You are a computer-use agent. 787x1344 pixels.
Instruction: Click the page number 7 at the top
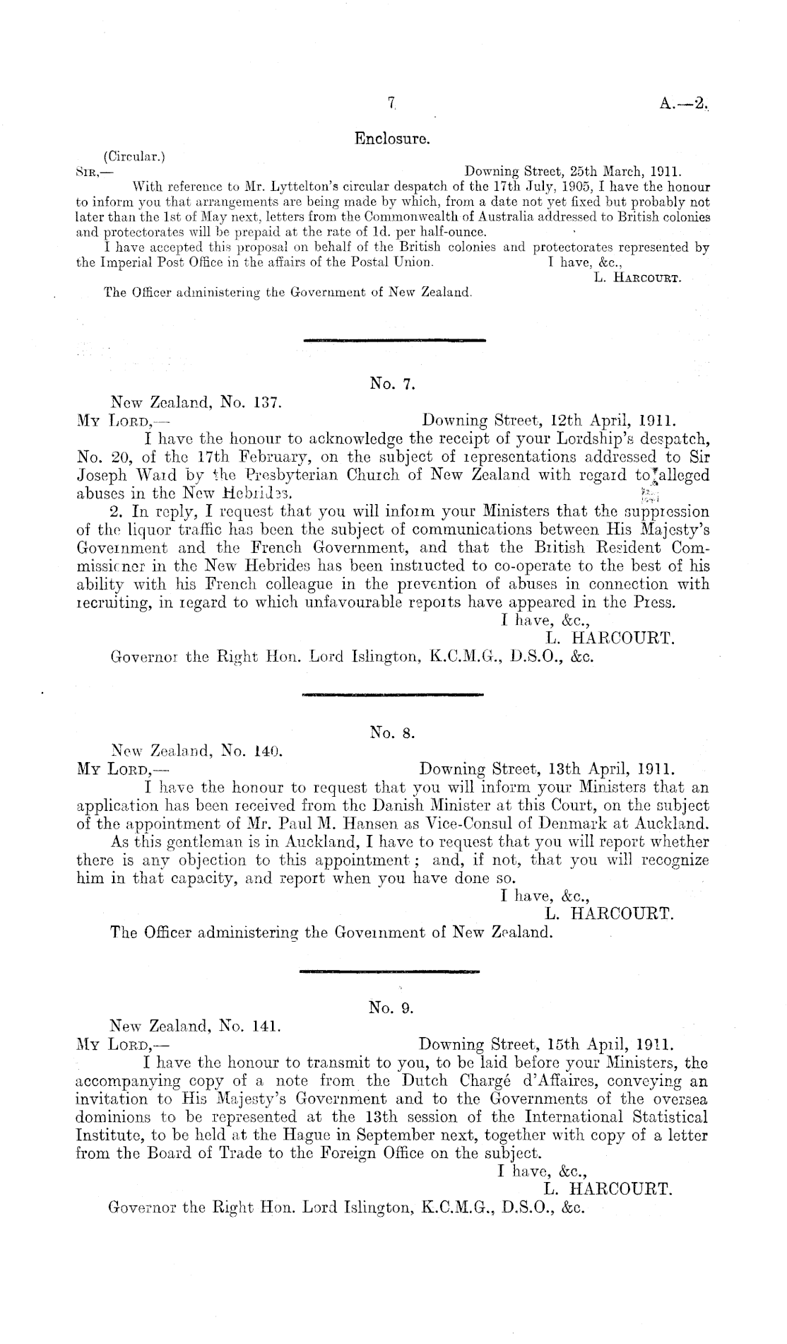pos(391,103)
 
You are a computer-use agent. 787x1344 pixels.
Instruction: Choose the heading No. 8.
pos(391,733)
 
